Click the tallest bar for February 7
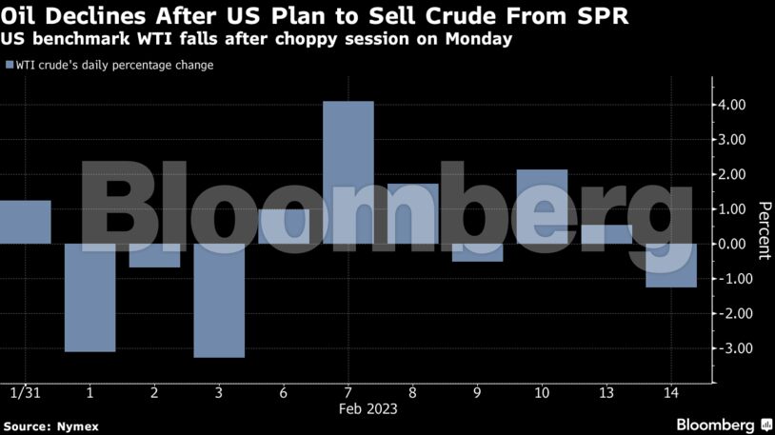tap(348, 172)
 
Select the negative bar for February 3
tap(219, 300)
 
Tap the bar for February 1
tap(89, 297)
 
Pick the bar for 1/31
tap(25, 222)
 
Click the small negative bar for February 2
tap(154, 255)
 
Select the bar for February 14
tap(671, 265)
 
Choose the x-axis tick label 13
tap(606, 392)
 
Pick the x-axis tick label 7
tap(348, 392)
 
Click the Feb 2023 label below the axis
tap(368, 409)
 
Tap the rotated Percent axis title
tap(763, 230)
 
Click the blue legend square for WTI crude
tap(9, 66)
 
